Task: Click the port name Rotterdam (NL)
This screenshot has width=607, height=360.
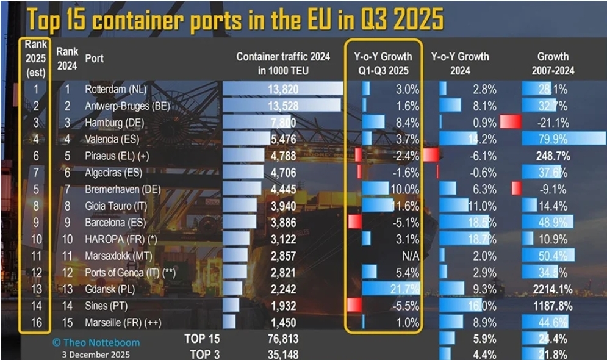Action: coord(115,90)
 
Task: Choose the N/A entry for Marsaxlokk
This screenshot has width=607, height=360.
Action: coord(409,255)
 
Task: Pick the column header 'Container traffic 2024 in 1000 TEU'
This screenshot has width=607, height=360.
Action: coord(283,63)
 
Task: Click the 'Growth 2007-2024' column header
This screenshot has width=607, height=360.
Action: coord(553,63)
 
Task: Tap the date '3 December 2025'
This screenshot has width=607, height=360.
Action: coord(95,354)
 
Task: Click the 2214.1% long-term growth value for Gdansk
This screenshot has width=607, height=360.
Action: coord(550,288)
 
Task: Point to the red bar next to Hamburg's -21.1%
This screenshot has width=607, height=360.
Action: coord(510,122)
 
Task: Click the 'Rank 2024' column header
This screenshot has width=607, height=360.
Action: coord(67,59)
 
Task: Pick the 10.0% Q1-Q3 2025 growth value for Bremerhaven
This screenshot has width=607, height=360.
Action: coord(406,189)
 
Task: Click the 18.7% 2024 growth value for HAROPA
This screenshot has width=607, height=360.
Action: coord(483,239)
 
